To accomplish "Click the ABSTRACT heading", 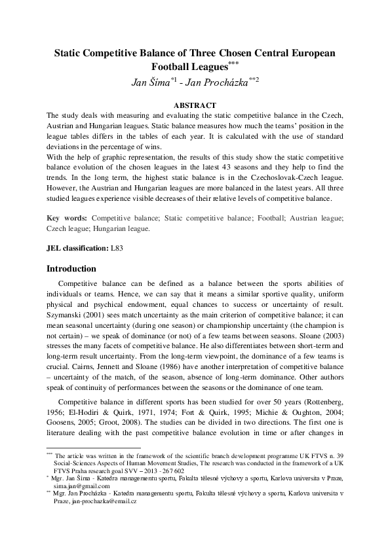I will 195,105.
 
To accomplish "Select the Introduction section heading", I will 71,268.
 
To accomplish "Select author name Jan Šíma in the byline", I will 149,82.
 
